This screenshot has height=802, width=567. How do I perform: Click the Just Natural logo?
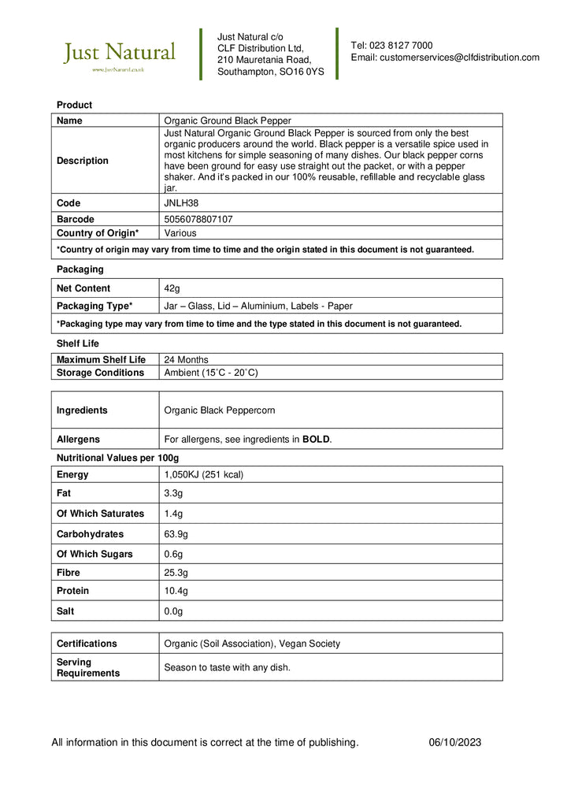[x=119, y=55]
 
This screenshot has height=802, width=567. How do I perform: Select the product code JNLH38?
[x=182, y=203]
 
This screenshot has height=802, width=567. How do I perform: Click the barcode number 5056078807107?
[x=198, y=219]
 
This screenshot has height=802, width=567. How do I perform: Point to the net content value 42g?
[x=172, y=288]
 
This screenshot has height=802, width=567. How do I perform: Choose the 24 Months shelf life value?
[x=186, y=359]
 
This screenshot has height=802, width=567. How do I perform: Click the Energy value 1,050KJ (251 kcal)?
[x=203, y=474]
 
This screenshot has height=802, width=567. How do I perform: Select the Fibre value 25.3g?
[x=176, y=573]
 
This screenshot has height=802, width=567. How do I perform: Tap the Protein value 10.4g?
[x=176, y=591]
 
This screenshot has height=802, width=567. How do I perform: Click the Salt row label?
[x=65, y=611]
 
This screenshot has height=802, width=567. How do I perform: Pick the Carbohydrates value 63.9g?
[x=176, y=534]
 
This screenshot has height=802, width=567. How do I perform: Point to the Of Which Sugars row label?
[x=94, y=554]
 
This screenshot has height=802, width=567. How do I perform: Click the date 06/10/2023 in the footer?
[x=455, y=742]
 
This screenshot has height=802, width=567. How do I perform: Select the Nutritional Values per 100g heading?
[x=117, y=458]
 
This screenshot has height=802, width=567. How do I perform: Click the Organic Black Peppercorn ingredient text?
[x=219, y=410]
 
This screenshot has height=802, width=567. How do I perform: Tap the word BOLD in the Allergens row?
[x=316, y=440]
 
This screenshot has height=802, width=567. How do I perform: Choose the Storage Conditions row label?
[x=100, y=373]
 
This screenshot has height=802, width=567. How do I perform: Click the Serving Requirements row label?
[x=87, y=667]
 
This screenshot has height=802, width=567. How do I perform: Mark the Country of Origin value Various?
[x=180, y=233]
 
